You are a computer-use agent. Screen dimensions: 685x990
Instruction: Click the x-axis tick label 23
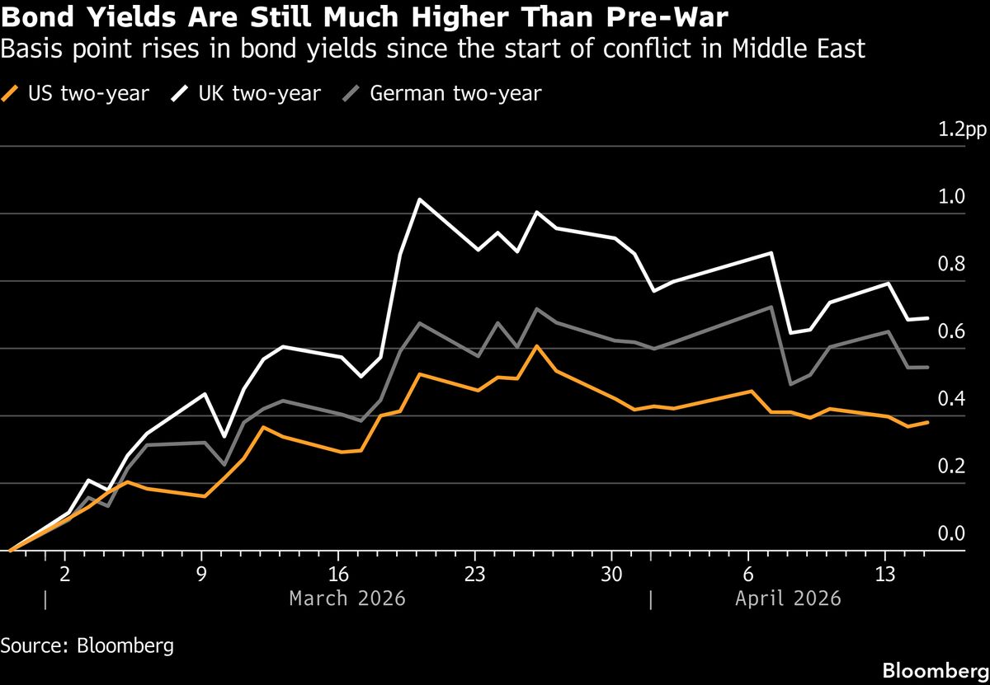point(474,573)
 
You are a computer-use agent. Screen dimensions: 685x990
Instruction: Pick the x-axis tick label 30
point(611,573)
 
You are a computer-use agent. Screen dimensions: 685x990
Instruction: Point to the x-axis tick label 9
point(201,573)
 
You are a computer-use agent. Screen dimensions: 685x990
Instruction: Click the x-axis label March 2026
point(347,598)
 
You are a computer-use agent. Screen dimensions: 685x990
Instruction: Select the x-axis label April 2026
point(788,598)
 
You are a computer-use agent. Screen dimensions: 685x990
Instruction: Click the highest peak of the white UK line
point(419,199)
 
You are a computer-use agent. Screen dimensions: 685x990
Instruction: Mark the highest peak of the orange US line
point(537,346)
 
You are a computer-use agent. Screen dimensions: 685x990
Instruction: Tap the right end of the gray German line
point(928,367)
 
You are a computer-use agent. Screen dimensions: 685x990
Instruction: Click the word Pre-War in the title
point(667,17)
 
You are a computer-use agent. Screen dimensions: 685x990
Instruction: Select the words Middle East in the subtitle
point(801,49)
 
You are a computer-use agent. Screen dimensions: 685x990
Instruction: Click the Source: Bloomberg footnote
point(87,645)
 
